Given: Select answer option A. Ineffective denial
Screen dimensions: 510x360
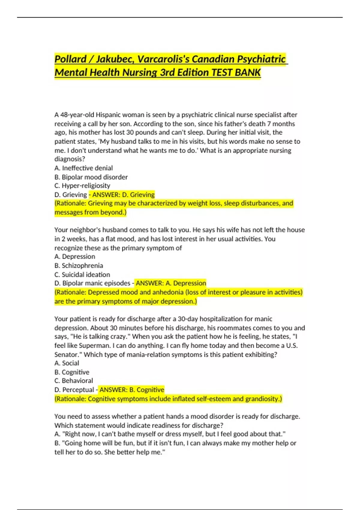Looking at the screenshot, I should (84, 168).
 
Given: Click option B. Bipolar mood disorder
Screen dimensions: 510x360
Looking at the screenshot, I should (91, 177).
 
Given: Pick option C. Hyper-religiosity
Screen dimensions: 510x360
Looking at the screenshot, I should (82, 186).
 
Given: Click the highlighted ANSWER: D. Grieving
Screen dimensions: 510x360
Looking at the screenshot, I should (123, 195).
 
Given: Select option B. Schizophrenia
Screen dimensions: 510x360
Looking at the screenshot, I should (79, 265).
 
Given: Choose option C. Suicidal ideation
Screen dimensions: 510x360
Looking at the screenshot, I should (82, 274).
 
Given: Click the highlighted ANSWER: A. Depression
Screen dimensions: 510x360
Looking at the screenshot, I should (171, 283).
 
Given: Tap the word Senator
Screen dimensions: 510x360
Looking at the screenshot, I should (66, 355).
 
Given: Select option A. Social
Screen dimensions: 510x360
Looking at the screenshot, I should (67, 363).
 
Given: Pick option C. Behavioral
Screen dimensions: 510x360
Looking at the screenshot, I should (74, 381).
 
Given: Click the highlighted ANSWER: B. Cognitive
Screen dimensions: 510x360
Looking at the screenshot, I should (132, 390).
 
